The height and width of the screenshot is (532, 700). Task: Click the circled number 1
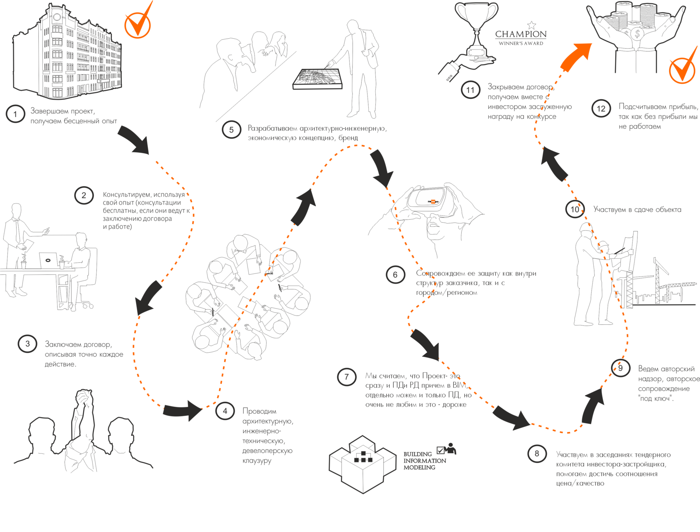[15, 114]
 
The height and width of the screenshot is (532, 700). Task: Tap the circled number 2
[84, 196]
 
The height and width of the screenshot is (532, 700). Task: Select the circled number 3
[27, 344]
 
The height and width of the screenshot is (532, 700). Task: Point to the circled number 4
[225, 412]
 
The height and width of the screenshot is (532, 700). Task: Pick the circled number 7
[346, 377]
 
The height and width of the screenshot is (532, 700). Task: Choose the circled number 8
[537, 454]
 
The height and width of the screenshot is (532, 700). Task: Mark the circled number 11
[470, 90]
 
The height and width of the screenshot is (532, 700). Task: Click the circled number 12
[601, 109]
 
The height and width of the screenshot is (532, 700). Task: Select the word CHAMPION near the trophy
[521, 34]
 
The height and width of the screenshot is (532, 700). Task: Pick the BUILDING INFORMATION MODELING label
[424, 461]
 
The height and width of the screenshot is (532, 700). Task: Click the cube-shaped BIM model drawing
[362, 463]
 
